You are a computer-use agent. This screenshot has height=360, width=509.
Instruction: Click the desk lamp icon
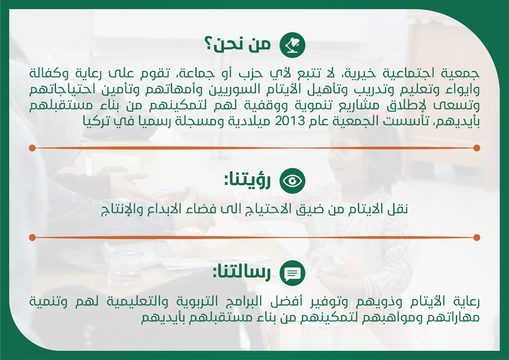(292, 45)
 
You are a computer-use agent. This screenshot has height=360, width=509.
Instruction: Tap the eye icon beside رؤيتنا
(292, 181)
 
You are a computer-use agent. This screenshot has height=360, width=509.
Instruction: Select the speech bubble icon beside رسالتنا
(292, 273)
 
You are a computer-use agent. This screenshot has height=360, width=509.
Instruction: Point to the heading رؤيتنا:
(248, 181)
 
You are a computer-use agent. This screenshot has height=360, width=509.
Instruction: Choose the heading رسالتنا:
(242, 272)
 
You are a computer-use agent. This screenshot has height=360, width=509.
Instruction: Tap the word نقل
(398, 208)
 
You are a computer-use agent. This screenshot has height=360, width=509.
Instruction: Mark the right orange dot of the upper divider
(477, 148)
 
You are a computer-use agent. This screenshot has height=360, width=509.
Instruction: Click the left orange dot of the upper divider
(32, 148)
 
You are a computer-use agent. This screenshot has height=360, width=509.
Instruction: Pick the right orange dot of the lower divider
(477, 238)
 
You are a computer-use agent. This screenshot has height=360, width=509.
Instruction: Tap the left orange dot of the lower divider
(32, 238)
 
